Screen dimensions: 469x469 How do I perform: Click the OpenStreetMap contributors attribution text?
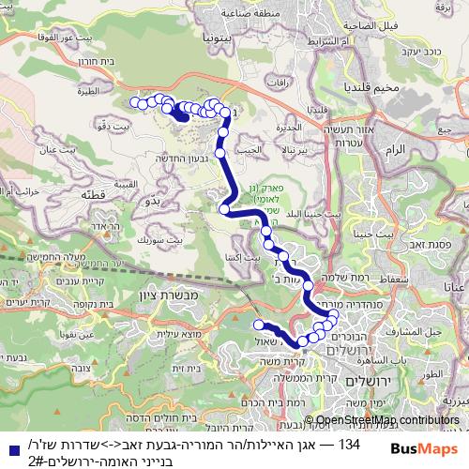click(387, 419)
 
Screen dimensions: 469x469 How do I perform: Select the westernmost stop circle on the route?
click(134, 101)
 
